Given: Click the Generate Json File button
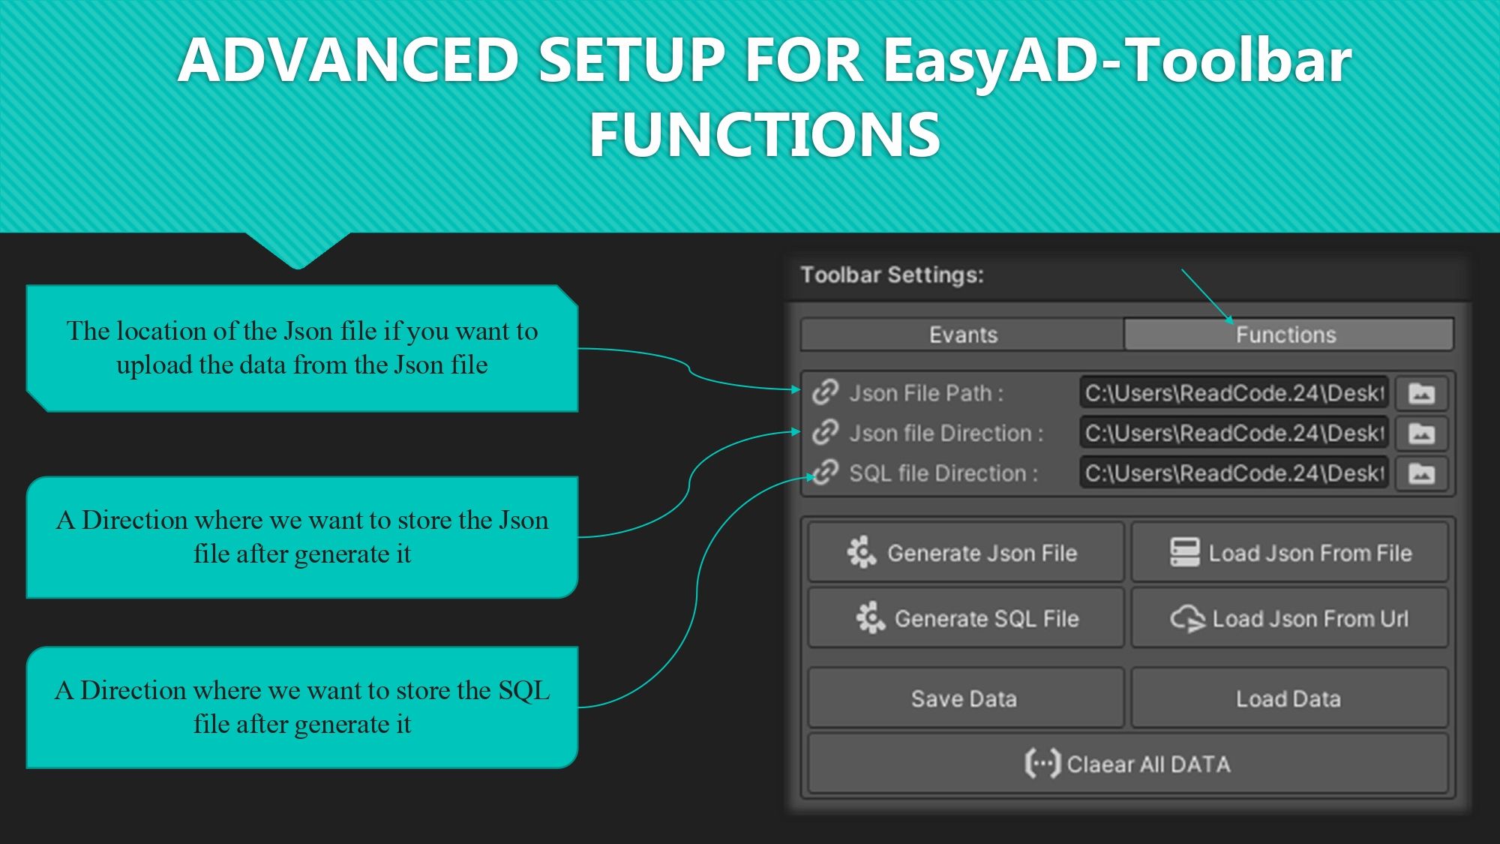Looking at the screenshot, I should pos(966,553).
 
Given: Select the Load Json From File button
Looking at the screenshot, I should pos(1289,553).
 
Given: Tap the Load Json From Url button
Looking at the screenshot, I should pos(1289,618).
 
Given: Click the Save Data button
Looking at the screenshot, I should pos(966,698).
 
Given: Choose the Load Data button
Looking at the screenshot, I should pos(1289,698).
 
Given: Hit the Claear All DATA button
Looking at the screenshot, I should pos(1127,764).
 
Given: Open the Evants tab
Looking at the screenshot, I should pos(962,335).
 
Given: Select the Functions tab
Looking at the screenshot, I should pos(1287,335).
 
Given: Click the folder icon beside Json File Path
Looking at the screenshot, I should pos(1421,393).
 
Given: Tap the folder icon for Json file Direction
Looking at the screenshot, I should pos(1421,434).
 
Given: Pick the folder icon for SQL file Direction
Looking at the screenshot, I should pos(1421,473).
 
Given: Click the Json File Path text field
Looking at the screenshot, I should pos(1234,393).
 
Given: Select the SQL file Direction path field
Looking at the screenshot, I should pos(1234,473).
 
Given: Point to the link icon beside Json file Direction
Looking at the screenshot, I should pos(826,432).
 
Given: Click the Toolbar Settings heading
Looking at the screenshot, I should pos(892,275).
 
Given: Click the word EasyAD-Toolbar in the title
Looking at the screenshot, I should pos(1117,60).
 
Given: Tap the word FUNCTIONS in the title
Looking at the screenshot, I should pos(764,135).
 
